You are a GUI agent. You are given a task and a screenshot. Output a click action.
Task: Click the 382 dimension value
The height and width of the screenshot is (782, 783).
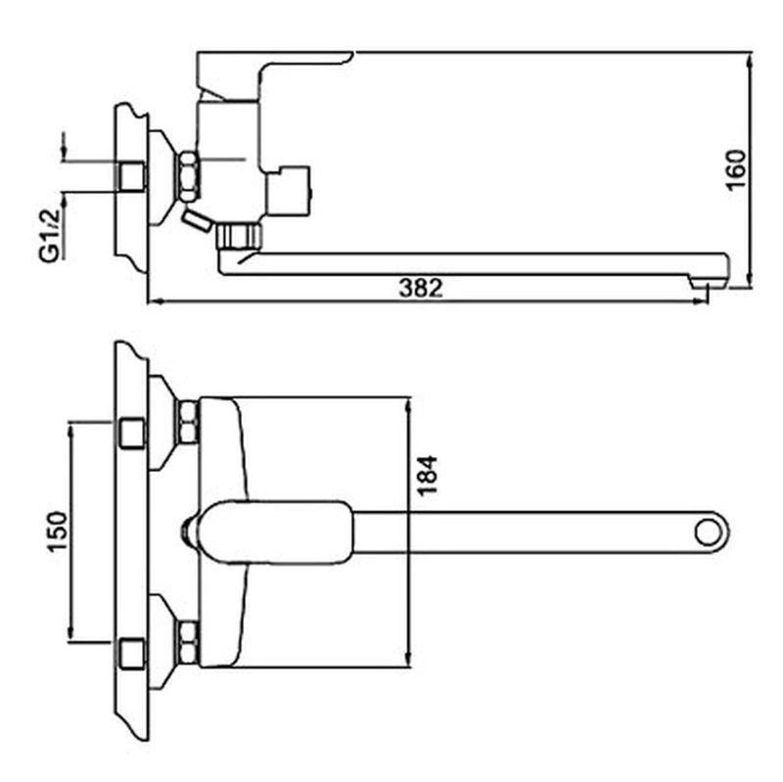click(421, 288)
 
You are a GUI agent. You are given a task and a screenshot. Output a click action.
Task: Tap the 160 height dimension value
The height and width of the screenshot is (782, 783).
click(736, 169)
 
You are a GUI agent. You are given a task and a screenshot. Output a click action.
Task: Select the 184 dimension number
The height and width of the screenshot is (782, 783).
click(427, 476)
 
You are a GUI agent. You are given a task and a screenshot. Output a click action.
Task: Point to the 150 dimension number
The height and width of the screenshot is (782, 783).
click(58, 531)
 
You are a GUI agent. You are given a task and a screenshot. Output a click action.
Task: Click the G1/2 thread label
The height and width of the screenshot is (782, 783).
click(50, 235)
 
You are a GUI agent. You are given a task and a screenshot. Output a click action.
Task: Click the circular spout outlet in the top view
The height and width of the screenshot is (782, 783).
click(708, 532)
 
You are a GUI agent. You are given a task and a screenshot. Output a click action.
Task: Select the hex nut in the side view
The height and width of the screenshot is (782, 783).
click(188, 176)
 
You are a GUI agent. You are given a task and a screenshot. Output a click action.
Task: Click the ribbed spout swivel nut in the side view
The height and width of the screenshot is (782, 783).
click(239, 236)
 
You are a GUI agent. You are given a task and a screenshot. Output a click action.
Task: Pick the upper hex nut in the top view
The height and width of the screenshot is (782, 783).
click(188, 422)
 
